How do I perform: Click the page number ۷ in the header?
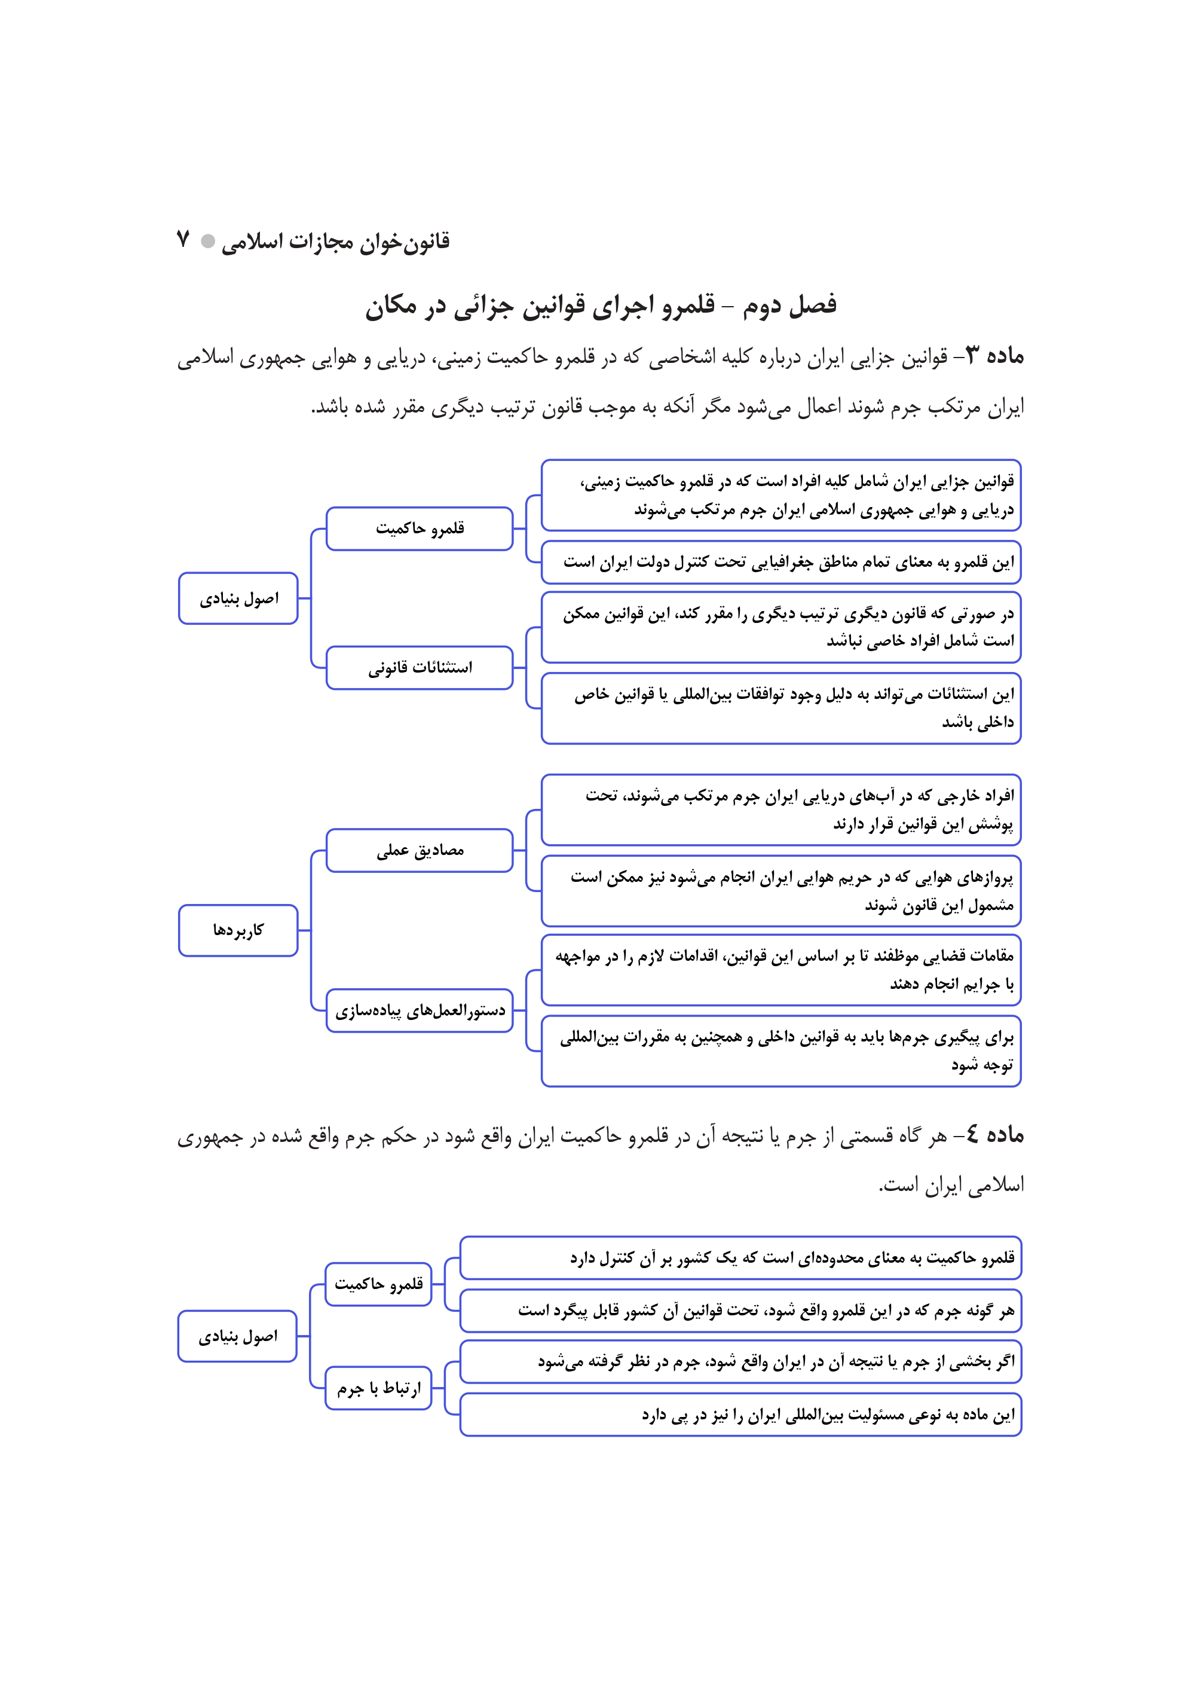[183, 240]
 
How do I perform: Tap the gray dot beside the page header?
[209, 241]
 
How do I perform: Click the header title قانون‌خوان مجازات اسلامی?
[335, 242]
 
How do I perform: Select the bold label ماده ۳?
[996, 356]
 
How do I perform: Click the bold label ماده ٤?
[996, 1134]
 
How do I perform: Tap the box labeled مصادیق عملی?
[420, 851]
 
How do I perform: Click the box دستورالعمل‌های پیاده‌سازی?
[420, 1010]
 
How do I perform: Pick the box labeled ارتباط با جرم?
[378, 1388]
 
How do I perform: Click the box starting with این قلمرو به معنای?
[781, 563]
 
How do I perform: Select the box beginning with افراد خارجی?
[781, 810]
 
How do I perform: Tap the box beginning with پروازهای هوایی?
[781, 891]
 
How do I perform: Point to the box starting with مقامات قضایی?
[781, 970]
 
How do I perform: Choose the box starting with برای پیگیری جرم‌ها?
[781, 1051]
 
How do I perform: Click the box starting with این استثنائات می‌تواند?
[781, 708]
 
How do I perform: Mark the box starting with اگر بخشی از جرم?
[740, 1361]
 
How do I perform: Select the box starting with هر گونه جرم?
[740, 1311]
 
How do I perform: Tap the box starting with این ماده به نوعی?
[740, 1415]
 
